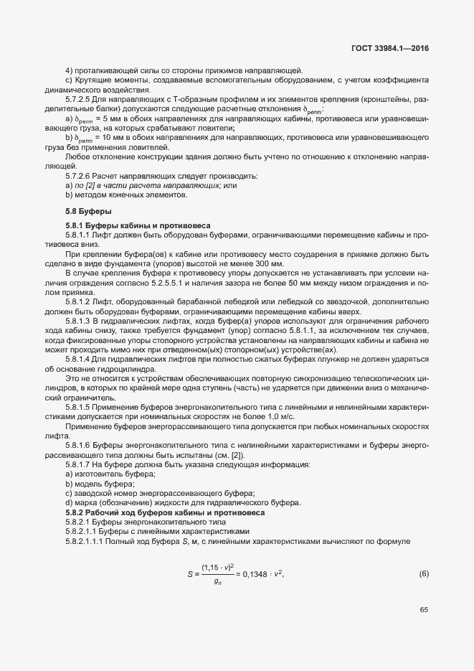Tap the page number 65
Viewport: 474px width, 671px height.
coord(423,610)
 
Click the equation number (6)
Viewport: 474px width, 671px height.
coord(423,574)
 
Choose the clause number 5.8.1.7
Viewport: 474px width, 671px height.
coord(80,465)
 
